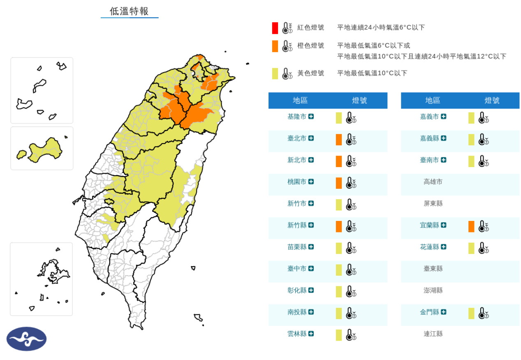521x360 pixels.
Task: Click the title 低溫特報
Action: [129, 11]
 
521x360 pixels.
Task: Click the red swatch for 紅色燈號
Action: [275, 28]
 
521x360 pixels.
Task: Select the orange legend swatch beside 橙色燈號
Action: [275, 46]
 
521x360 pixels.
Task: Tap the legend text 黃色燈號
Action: [310, 73]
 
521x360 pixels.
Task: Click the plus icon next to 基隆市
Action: [311, 116]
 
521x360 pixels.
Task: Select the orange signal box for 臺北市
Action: [339, 139]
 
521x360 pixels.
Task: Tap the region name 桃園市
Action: [296, 181]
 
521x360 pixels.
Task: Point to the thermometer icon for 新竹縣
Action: [351, 226]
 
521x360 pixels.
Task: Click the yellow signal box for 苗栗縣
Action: [339, 248]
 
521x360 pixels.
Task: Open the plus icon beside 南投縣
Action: [311, 312]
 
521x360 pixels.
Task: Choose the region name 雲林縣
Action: [296, 334]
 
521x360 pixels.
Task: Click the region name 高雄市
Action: [433, 181]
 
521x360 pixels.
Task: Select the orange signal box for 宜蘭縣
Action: [471, 226]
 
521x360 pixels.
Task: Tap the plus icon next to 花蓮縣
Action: [444, 247]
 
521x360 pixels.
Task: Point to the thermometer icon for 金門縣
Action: [483, 314]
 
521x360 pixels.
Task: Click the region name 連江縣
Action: [433, 334]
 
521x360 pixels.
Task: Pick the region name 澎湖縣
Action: [433, 290]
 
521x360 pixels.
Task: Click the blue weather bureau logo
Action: [27, 339]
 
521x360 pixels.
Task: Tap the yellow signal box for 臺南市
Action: [471, 161]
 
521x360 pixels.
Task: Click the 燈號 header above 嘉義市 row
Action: [492, 100]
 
